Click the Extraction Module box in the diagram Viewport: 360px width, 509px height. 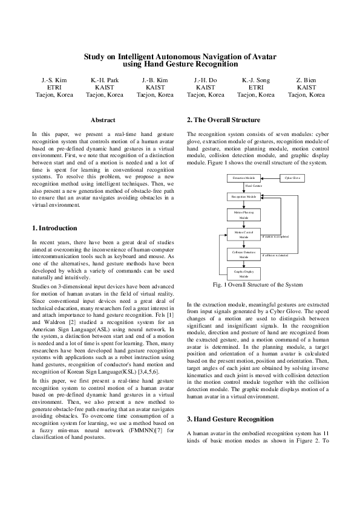[244, 178]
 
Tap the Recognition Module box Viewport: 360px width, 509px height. [244, 196]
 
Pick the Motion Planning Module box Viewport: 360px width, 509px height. [244, 216]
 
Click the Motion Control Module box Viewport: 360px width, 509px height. [244, 235]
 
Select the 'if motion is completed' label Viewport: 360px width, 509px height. [275, 236]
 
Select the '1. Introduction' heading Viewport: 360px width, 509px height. [54, 229]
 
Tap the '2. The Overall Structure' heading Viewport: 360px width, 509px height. [224, 120]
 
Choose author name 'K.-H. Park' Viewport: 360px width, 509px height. [104, 80]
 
